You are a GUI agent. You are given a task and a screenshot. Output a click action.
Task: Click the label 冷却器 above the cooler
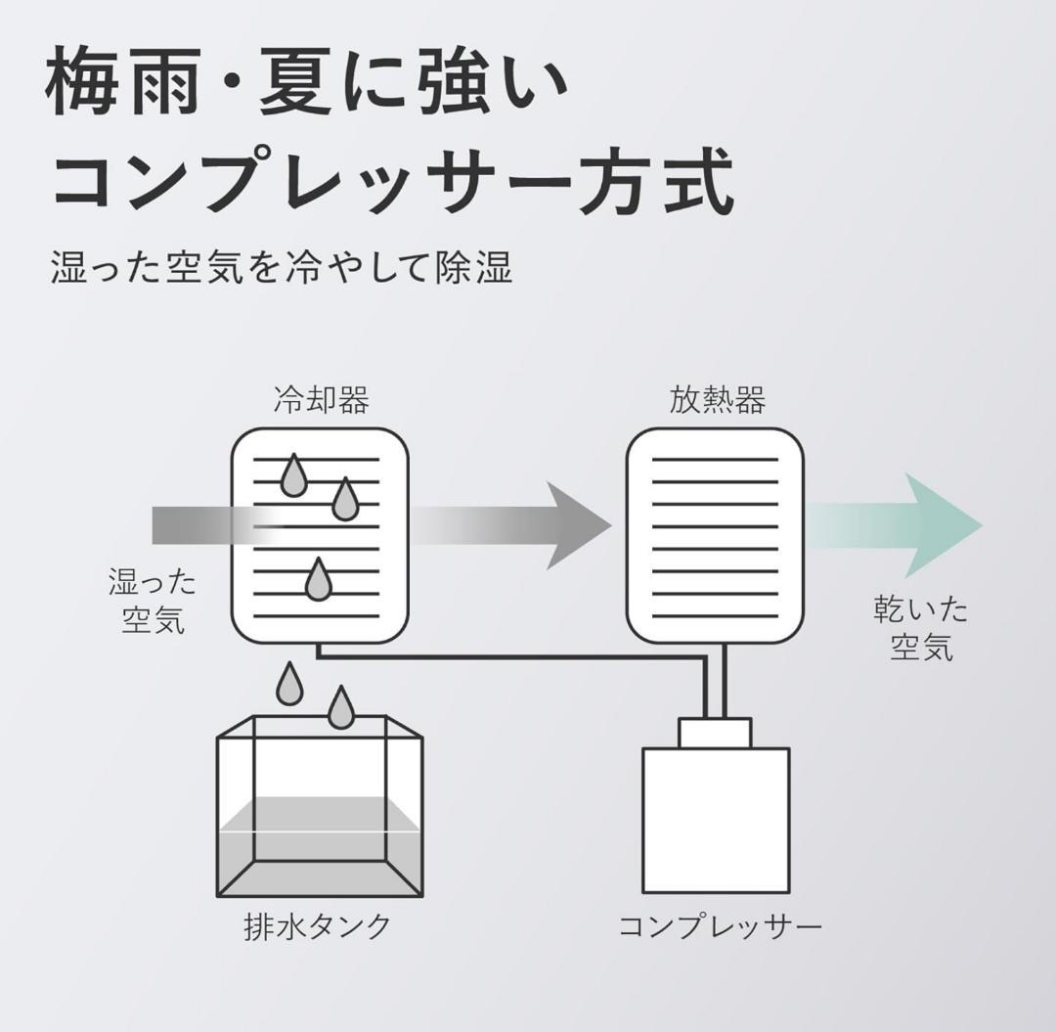(321, 400)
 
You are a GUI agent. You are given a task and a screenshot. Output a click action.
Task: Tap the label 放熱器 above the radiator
(717, 400)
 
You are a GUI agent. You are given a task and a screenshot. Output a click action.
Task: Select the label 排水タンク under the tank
(318, 925)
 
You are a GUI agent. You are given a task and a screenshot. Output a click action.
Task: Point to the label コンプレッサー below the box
(720, 925)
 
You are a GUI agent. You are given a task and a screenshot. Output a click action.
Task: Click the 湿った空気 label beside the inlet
(153, 601)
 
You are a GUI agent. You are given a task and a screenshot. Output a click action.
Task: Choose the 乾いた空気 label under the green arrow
(920, 628)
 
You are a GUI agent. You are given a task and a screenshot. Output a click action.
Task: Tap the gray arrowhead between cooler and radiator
(577, 525)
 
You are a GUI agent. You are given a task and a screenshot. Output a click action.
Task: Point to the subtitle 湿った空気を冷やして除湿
(282, 266)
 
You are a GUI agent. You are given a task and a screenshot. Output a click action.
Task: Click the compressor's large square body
(716, 822)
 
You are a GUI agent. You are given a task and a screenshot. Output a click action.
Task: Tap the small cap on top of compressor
(716, 733)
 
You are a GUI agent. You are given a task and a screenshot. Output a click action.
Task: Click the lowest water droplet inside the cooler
(318, 581)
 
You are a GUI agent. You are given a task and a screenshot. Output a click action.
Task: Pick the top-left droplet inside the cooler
(293, 477)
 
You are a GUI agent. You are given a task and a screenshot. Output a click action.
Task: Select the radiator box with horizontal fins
(715, 535)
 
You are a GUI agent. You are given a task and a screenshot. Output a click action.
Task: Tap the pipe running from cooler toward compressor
(508, 656)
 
